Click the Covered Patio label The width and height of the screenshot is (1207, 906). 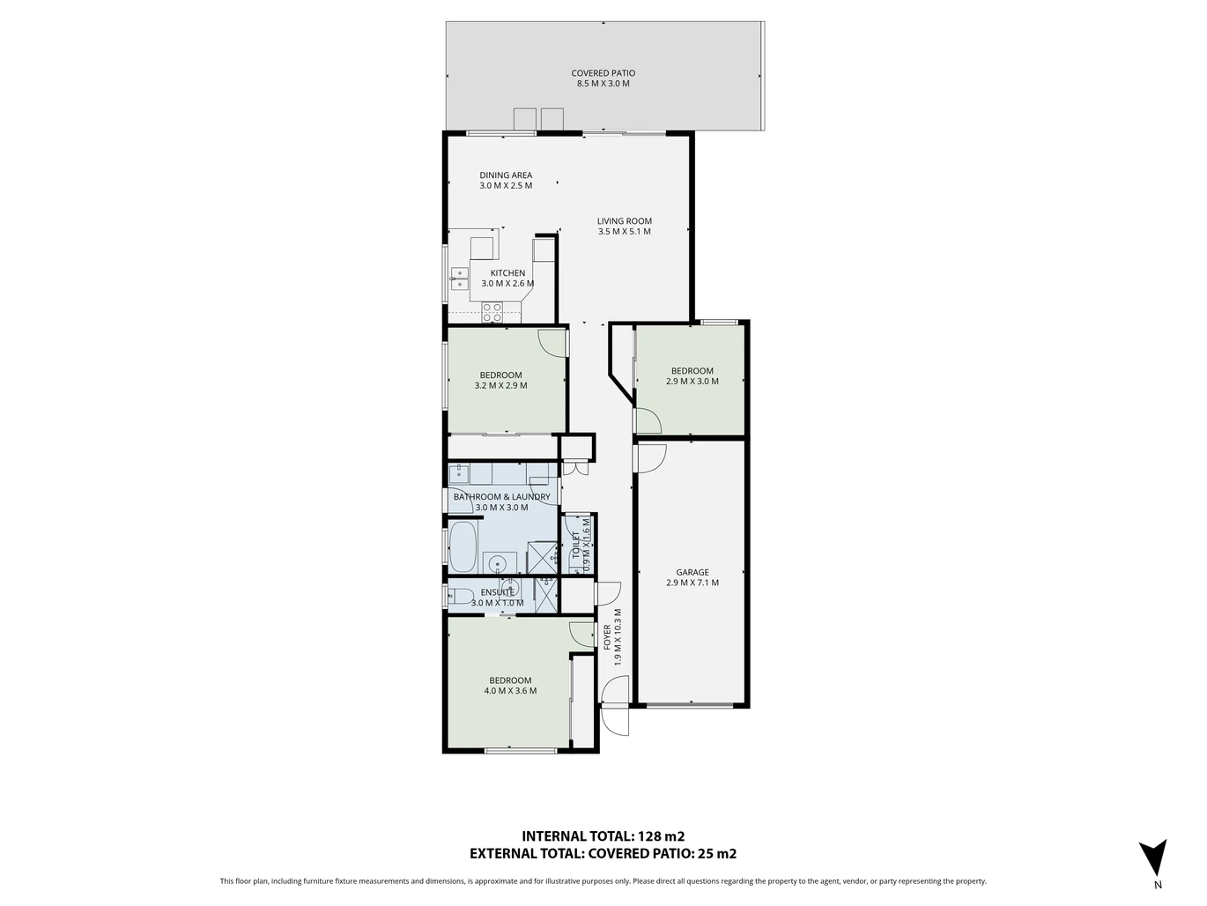coord(603,73)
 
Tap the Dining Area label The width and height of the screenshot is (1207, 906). coord(506,175)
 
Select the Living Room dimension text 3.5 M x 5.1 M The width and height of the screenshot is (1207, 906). coord(624,232)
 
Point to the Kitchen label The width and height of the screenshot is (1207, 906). coord(507,273)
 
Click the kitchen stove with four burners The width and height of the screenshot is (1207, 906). coord(492,313)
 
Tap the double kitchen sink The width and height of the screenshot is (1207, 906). coord(459,278)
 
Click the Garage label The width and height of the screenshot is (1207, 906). coord(692,572)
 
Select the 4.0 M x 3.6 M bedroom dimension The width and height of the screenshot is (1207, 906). coord(510,691)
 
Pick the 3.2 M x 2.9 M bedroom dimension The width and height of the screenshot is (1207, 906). coord(500,386)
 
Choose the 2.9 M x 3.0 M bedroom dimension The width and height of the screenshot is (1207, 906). coord(692,382)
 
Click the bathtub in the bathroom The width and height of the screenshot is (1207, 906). coord(463,546)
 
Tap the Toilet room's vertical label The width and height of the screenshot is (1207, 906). coord(575,545)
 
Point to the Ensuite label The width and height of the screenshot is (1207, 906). coord(497,592)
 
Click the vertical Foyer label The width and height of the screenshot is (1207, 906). coord(607,637)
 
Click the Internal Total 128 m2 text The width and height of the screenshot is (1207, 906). coord(603,836)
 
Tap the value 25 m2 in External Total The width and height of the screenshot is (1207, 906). coord(717,854)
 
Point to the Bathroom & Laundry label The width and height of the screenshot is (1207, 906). coord(501,497)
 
